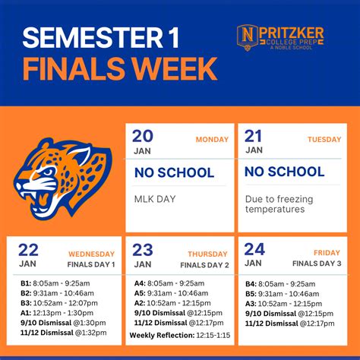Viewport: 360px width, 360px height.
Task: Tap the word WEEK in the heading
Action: tap(177, 69)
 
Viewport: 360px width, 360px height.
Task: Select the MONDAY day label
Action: tap(212, 140)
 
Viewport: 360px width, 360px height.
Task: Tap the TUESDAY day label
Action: tap(324, 140)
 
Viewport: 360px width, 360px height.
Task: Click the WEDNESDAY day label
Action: tap(92, 254)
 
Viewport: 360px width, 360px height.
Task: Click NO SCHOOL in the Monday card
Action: tap(174, 172)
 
